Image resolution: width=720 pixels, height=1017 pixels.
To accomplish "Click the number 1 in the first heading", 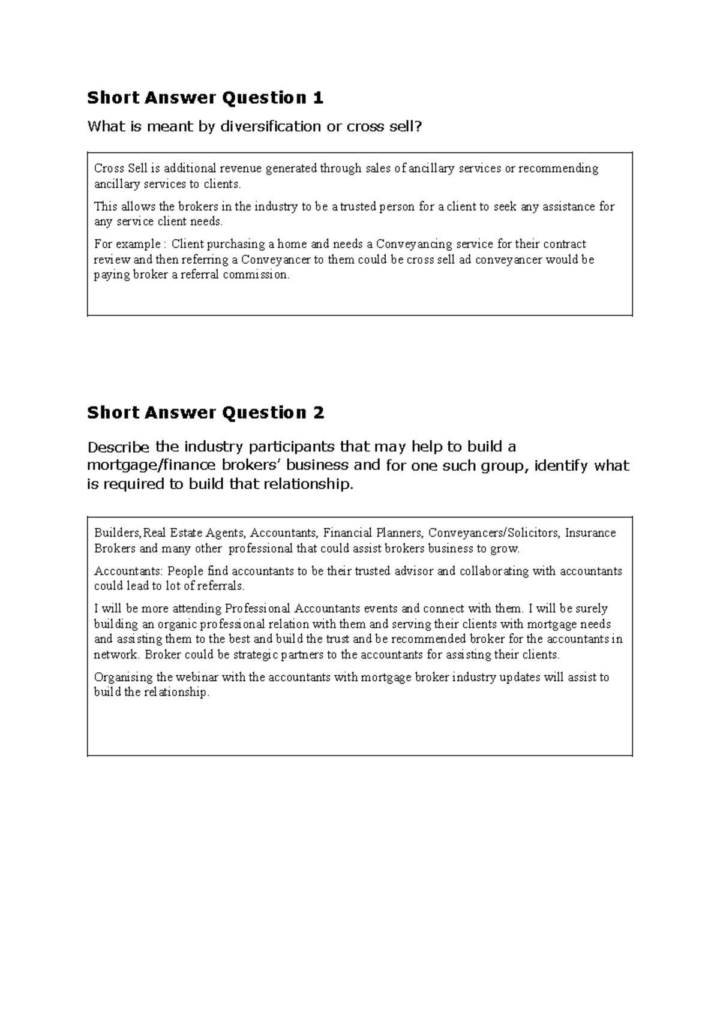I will point(318,98).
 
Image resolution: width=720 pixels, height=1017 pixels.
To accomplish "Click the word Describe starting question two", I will point(119,447).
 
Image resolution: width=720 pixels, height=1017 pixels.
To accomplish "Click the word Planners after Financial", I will point(400,533).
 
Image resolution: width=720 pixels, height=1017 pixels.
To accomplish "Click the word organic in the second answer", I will point(175,624).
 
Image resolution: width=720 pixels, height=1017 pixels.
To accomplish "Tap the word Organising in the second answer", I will point(124,678).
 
